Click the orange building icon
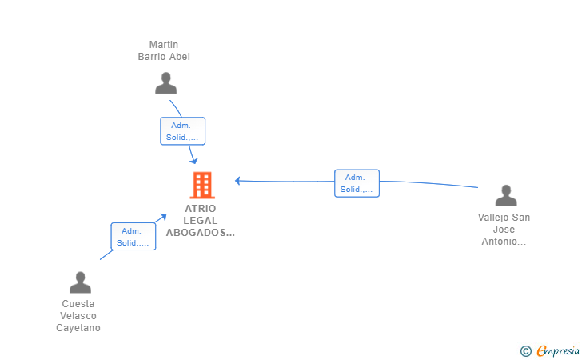click(202, 185)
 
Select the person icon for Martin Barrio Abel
click(166, 83)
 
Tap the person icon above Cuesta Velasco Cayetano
click(80, 282)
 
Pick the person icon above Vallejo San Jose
click(506, 195)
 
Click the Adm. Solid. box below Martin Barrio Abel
click(182, 131)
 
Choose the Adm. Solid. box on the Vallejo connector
click(357, 183)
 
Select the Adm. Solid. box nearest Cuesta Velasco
click(134, 236)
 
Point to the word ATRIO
click(201, 209)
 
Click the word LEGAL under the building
click(201, 221)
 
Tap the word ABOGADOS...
click(198, 233)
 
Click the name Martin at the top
click(164, 45)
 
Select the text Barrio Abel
click(164, 57)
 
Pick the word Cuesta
click(78, 304)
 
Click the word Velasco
click(78, 316)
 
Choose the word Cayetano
click(78, 328)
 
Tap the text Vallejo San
click(504, 218)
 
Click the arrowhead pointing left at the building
click(237, 181)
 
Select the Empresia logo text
click(558, 350)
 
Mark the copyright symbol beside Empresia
click(525, 351)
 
